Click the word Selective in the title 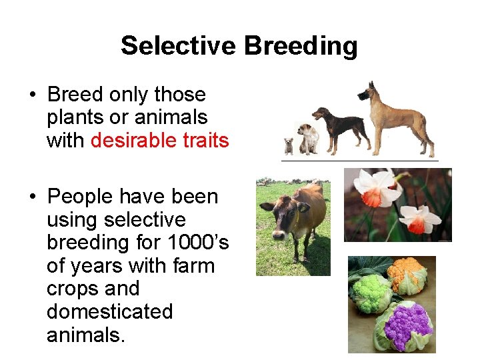[x=178, y=46]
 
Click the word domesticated [x=109, y=311]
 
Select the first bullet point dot [x=32, y=95]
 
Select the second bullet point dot [x=32, y=197]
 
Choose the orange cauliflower [x=407, y=274]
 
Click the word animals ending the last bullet [x=85, y=335]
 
